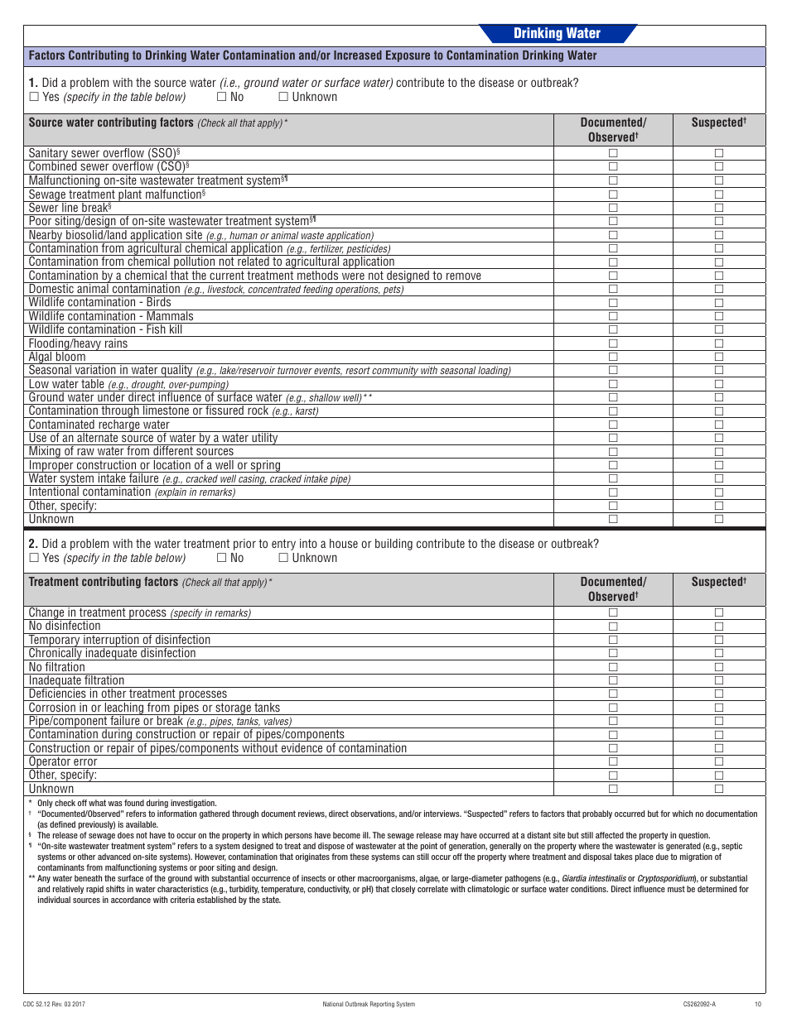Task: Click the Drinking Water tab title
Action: click(557, 34)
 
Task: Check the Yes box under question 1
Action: click(34, 97)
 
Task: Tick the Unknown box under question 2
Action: click(283, 558)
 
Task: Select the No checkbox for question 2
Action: click(221, 558)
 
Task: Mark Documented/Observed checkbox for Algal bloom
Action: click(613, 357)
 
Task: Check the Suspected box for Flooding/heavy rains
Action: click(719, 343)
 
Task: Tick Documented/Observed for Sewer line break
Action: click(613, 208)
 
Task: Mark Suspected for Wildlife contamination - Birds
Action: click(719, 303)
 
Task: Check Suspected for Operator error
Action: click(719, 761)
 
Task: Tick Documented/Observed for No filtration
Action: click(613, 667)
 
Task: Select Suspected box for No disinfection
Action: click(719, 627)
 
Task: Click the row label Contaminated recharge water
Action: click(99, 425)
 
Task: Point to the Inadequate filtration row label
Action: click(76, 680)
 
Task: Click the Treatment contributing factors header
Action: click(104, 582)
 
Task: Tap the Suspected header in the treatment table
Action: click(718, 582)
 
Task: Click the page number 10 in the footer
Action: click(757, 1004)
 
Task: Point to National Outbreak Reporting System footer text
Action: click(369, 1004)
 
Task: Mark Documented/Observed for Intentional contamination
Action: click(613, 492)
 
